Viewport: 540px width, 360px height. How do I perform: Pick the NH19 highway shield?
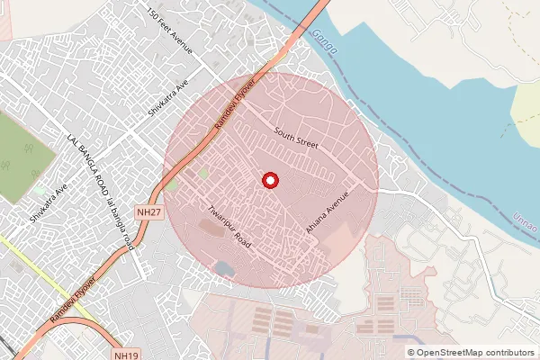point(128,355)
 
